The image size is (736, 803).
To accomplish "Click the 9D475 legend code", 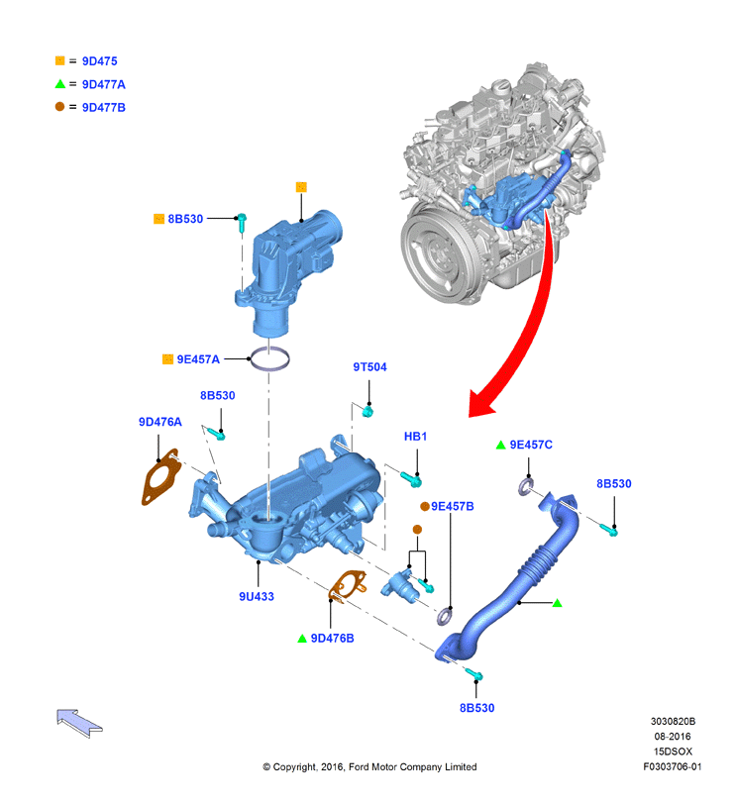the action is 99,61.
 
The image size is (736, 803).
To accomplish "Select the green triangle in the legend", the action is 59,84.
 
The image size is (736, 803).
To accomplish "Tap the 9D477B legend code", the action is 103,108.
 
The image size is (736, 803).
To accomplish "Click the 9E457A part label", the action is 198,359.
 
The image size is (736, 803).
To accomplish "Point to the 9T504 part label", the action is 369,367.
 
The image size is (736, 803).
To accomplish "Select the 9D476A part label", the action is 160,422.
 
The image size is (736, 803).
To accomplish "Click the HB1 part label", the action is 415,437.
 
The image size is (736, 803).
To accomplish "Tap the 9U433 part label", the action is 257,597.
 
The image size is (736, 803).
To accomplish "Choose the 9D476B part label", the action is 333,639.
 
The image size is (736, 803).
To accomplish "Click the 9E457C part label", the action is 531,445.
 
